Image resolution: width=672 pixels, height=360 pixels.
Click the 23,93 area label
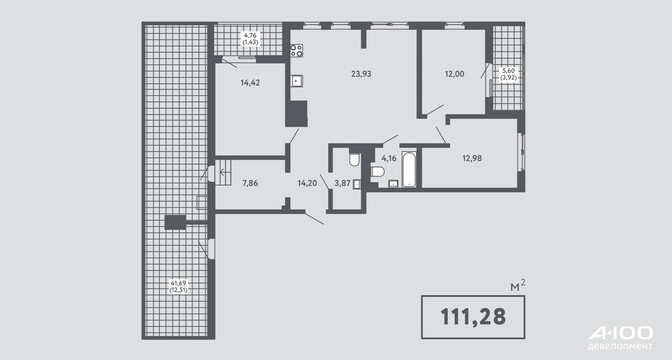pos(361,74)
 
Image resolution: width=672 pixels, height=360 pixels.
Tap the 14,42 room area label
pos(250,83)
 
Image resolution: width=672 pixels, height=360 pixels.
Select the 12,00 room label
pos(454,74)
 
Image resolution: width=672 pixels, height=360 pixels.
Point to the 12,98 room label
pos(472,158)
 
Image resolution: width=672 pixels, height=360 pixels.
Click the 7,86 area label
pos(250,183)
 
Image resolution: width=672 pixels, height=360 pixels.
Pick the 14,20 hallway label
pos(307,183)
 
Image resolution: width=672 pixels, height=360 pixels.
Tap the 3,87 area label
pos(342,183)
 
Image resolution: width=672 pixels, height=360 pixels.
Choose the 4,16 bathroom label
pos(389,158)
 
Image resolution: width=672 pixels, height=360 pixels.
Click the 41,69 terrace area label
pos(179,286)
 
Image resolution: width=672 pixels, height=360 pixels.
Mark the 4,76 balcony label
pos(250,39)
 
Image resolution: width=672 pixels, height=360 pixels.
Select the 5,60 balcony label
pos(508,74)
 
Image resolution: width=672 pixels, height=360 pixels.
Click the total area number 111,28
pos(473,317)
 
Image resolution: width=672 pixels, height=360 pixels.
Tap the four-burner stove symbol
pos(297,51)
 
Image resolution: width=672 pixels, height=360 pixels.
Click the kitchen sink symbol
pos(297,81)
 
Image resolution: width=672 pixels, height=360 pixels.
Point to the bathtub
pos(409,168)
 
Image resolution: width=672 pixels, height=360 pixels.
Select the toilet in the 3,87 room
pos(354,159)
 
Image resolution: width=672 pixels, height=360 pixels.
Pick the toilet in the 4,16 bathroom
pos(377,172)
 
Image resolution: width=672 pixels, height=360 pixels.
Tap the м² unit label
pos(518,285)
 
